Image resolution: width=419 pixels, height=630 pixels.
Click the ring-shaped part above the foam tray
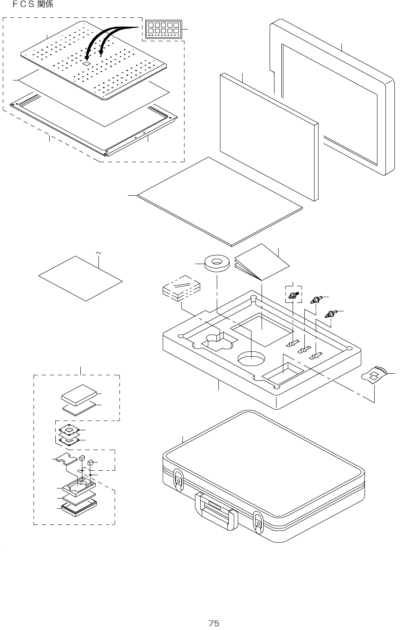(217, 263)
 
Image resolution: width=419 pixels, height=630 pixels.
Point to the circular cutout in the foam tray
(251, 358)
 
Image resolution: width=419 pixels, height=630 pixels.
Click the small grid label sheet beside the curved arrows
(163, 29)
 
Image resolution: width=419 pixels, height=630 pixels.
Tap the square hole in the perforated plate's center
(86, 64)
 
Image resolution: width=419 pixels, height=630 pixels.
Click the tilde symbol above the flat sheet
(98, 254)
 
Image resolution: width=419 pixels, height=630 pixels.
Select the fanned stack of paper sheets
(262, 263)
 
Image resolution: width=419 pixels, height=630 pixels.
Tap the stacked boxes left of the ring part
(181, 288)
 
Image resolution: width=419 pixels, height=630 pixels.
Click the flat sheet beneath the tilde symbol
(80, 278)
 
